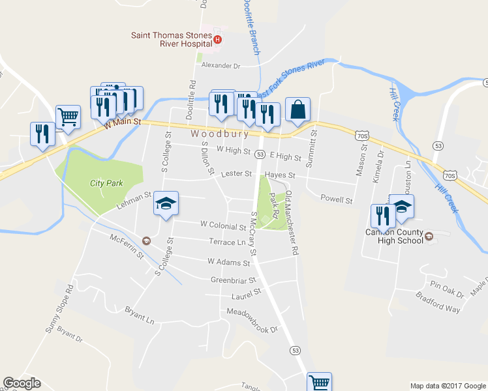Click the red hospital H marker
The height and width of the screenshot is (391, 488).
(x=217, y=40)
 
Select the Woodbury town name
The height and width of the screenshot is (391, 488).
(x=220, y=134)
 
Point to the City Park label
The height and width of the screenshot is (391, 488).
(x=106, y=183)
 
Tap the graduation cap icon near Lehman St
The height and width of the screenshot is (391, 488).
(x=166, y=204)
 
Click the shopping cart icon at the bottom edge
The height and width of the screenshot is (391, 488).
(x=319, y=382)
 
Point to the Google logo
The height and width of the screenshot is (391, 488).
(x=21, y=383)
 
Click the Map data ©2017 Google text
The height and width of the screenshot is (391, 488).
(x=447, y=386)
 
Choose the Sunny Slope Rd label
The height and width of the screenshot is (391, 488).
(x=59, y=309)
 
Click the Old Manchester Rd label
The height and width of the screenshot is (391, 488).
(x=292, y=222)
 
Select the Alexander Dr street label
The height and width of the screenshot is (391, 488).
(x=221, y=65)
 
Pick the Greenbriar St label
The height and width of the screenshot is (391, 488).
(x=231, y=280)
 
